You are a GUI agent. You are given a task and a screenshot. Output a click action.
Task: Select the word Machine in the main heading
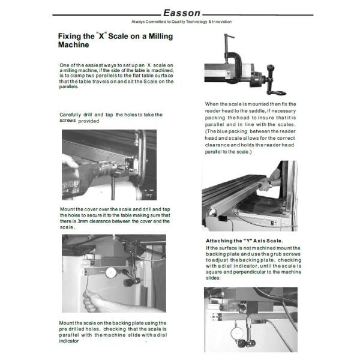pos(74,45)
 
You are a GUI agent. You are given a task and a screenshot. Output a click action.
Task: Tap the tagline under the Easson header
pos(181,22)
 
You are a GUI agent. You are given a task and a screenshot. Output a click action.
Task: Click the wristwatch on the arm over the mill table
pos(269,184)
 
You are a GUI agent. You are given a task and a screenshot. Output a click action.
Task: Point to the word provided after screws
pos(88,121)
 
